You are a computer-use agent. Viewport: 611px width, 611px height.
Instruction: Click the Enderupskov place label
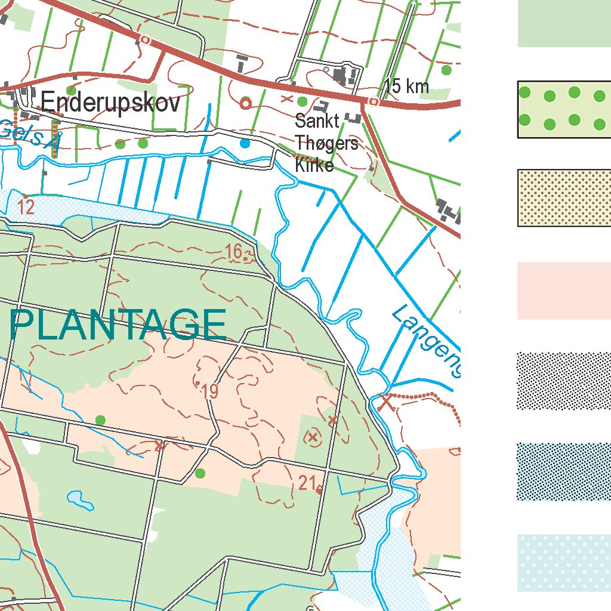click(x=110, y=103)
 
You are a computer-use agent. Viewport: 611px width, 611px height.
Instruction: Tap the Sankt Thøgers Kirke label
click(x=326, y=143)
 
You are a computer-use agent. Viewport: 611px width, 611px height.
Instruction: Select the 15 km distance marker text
click(x=406, y=87)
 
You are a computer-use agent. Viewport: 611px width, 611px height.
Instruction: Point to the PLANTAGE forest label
click(x=118, y=325)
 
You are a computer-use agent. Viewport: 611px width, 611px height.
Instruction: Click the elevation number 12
click(x=26, y=208)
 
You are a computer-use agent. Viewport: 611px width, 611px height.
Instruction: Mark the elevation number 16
click(x=234, y=252)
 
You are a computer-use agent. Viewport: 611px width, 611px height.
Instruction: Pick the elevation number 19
click(x=210, y=392)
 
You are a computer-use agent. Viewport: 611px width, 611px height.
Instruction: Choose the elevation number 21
click(x=307, y=483)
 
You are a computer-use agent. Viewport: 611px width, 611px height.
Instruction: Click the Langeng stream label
click(x=427, y=340)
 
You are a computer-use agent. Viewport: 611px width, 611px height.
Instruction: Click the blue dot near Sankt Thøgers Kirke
click(x=245, y=143)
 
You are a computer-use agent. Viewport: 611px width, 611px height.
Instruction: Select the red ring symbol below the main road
click(x=245, y=103)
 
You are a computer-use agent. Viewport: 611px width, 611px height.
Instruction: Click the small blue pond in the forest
click(x=81, y=500)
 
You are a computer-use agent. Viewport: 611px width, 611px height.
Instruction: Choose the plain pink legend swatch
click(x=563, y=291)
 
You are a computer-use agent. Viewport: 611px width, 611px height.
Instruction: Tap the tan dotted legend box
click(x=563, y=198)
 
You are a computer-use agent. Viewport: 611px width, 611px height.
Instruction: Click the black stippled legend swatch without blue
click(x=563, y=381)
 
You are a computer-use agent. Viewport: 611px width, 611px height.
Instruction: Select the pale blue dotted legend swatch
click(x=563, y=563)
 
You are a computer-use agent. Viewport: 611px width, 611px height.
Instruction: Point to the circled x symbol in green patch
click(x=312, y=437)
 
